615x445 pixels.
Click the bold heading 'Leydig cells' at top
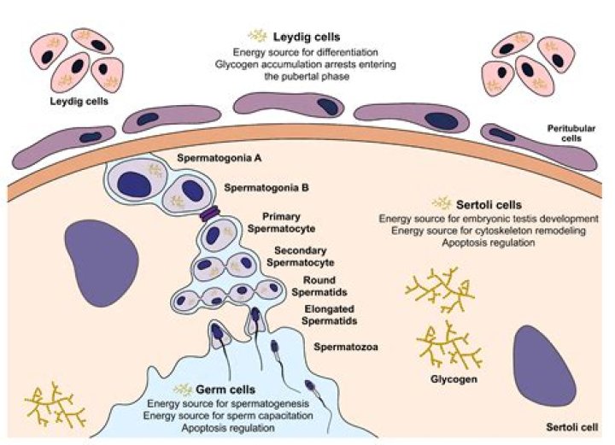[307, 37]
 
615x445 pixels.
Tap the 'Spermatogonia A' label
[219, 158]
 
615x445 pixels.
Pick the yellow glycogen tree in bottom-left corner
[56, 406]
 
